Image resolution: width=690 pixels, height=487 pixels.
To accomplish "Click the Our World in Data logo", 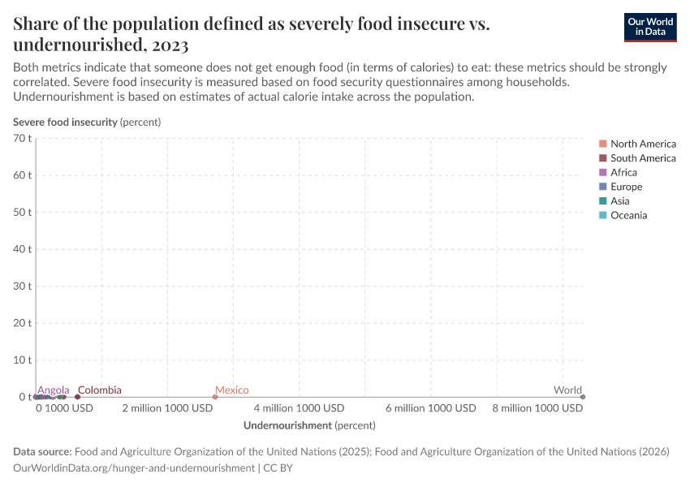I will coord(649,27).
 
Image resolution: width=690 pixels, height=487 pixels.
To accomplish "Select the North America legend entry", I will coord(642,144).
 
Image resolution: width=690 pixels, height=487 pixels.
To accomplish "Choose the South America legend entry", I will coord(642,158).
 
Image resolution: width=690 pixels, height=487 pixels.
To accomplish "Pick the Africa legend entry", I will coord(623,172).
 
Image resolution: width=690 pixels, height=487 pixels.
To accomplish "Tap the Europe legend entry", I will coord(626,187).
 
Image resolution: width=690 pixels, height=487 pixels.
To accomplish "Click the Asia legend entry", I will coord(619,200).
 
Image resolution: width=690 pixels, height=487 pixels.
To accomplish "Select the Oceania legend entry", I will coord(628,215).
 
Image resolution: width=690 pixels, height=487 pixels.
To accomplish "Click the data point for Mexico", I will coord(215,397).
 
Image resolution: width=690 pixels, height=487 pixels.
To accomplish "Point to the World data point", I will coord(583,397).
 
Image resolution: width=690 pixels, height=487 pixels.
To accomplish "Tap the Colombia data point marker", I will coord(78,397).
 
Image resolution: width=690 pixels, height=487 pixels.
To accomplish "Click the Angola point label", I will coord(54,390).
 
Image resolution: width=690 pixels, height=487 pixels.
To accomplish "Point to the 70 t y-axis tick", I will coord(22,139).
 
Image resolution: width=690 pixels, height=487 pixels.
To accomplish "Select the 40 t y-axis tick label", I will coord(22,249).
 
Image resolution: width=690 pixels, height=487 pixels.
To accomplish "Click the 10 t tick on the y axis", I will coord(22,360).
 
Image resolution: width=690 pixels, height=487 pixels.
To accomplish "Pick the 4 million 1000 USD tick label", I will coord(300,408).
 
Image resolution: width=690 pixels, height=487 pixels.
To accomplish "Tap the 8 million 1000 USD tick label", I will coord(537,408).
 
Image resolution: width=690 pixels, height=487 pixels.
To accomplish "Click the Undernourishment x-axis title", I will coord(309,425).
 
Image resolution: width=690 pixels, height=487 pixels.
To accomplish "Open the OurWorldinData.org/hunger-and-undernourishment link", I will coord(134,468).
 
